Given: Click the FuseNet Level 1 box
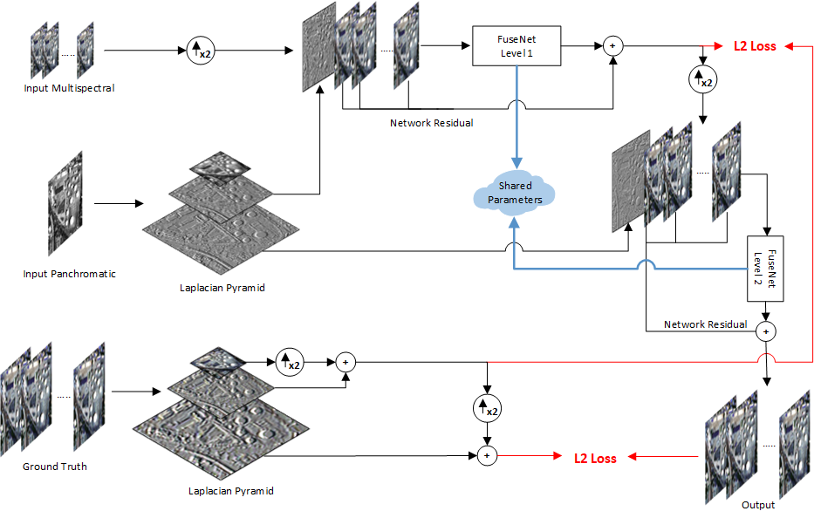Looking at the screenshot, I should [516, 45].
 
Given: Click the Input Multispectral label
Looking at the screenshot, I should [69, 88].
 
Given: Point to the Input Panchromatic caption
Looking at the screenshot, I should [69, 274].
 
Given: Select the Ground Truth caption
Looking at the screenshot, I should [55, 467].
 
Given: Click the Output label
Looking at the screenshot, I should [757, 505].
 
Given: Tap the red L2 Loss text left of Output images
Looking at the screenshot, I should [595, 458].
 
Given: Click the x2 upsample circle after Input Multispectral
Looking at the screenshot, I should [200, 51].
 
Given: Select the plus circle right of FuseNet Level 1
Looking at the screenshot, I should [612, 45].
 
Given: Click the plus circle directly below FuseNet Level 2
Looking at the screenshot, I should [765, 331].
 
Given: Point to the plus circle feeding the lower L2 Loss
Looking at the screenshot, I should [489, 454].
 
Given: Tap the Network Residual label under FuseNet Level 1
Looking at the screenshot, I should [431, 123].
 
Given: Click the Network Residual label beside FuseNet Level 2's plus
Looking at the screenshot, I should [705, 324].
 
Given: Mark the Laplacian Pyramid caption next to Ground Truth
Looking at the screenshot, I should [231, 491].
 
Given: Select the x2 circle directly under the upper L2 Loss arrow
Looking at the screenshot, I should [701, 79].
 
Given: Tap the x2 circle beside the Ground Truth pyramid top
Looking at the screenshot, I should [289, 360].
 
